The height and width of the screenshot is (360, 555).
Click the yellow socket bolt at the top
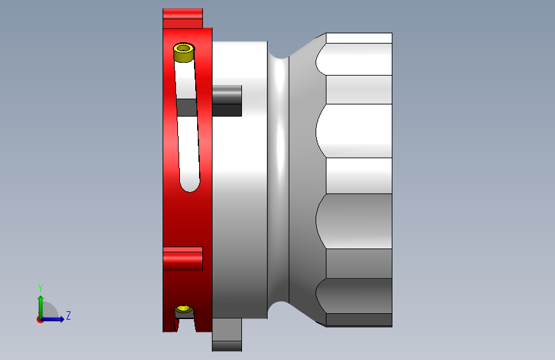(x=184, y=52)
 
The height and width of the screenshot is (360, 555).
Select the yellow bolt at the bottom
(x=184, y=311)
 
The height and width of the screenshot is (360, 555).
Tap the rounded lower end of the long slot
(x=189, y=184)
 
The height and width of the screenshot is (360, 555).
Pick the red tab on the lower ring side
(x=182, y=259)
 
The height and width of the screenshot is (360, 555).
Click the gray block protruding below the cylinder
(x=227, y=334)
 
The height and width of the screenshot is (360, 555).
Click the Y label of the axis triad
(x=40, y=288)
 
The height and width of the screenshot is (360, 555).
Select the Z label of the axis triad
(x=68, y=316)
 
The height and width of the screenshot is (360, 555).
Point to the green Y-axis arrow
(x=40, y=304)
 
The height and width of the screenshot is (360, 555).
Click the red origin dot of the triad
(x=40, y=320)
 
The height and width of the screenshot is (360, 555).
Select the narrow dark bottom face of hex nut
(x=358, y=320)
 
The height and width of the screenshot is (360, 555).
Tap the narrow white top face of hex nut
(x=358, y=38)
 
